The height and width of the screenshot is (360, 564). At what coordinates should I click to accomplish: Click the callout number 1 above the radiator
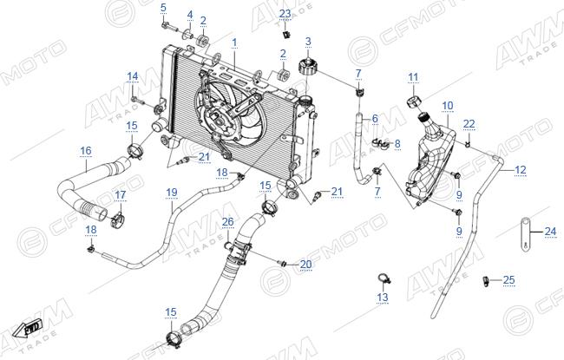(x=234, y=43)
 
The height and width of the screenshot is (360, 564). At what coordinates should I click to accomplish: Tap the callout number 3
(x=308, y=42)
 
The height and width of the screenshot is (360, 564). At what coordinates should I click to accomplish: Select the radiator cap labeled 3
(x=308, y=66)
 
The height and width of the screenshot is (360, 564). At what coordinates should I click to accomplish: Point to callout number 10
(x=448, y=106)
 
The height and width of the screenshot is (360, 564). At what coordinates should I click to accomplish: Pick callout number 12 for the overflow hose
(x=520, y=169)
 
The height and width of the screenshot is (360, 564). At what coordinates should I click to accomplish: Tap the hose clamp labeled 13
(x=384, y=278)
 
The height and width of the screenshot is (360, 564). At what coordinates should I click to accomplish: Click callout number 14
(x=133, y=76)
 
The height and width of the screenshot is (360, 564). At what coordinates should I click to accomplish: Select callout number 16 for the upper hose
(x=86, y=150)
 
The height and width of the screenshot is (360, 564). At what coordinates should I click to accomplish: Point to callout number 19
(x=172, y=193)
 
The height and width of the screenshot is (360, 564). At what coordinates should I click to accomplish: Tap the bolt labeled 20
(x=282, y=264)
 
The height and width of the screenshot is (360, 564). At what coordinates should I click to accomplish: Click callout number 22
(x=469, y=124)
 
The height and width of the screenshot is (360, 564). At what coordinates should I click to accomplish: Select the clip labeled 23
(x=286, y=35)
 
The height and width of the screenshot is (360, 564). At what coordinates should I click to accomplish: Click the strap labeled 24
(x=525, y=232)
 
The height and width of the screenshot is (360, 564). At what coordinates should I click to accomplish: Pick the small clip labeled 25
(x=486, y=280)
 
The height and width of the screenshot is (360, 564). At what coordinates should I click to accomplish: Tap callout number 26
(x=227, y=222)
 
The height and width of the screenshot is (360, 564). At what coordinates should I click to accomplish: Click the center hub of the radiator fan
(x=218, y=119)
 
